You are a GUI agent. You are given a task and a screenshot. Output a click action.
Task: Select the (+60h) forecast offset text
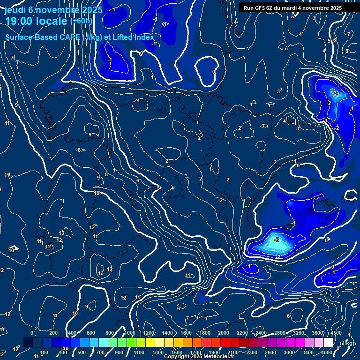(x=81, y=21)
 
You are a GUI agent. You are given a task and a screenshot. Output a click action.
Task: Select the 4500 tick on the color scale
(x=336, y=333)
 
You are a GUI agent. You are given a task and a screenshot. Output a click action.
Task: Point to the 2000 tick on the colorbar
(x=224, y=333)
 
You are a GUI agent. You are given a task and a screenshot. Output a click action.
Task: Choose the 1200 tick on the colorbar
(x=149, y=333)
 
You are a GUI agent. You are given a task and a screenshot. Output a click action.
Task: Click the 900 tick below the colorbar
(x=119, y=352)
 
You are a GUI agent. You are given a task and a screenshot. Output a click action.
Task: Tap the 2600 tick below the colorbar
(x=270, y=352)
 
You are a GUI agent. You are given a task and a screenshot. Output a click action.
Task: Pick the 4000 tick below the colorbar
(x=327, y=352)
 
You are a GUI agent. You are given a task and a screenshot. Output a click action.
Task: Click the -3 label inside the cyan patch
(x=277, y=240)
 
